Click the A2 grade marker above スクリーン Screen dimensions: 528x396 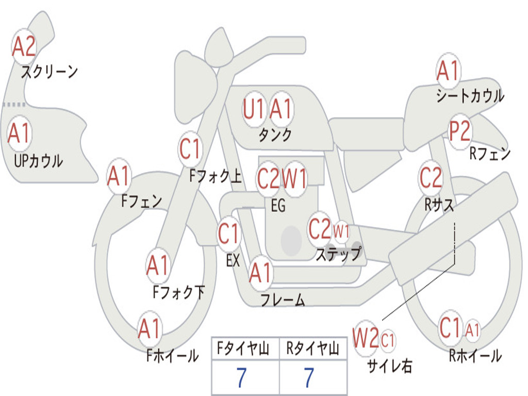(24, 46)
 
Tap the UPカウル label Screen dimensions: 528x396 (38, 161)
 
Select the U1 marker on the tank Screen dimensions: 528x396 (254, 109)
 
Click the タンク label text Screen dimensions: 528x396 (275, 135)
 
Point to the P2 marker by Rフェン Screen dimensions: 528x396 (459, 131)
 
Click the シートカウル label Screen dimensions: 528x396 (470, 96)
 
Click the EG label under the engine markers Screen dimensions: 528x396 (278, 206)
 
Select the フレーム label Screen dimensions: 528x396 (283, 300)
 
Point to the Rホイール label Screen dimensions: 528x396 (475, 355)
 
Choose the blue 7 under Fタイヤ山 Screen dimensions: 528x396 (241, 378)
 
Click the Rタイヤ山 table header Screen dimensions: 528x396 (312, 349)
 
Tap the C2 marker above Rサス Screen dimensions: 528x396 (431, 178)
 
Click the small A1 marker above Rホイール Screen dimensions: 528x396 (472, 329)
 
